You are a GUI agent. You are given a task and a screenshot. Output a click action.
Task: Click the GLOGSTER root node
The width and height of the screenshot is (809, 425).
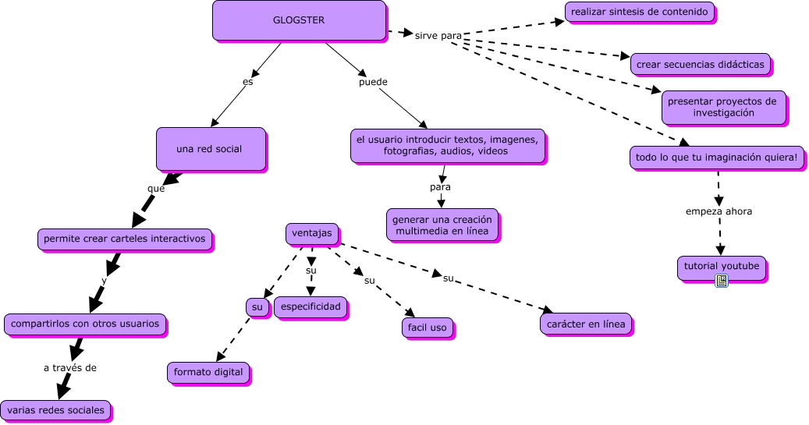point(299,20)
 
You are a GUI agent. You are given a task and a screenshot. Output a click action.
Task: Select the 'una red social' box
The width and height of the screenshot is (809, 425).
point(210,148)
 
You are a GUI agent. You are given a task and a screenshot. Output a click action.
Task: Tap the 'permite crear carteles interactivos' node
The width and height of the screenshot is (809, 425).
point(125,239)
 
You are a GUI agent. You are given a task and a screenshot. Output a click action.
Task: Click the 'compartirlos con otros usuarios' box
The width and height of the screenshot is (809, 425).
point(85,323)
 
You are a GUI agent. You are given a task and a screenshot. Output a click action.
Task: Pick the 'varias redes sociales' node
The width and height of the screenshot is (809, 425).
point(55,409)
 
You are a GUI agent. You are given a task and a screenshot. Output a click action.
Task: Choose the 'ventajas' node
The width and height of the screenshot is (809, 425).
point(311,232)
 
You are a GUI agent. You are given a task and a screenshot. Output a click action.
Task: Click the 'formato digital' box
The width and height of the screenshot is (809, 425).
point(208,373)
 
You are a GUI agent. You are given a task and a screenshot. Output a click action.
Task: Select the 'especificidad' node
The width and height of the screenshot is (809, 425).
point(310,306)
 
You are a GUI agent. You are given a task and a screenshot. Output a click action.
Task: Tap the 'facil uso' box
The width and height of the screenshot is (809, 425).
point(428,328)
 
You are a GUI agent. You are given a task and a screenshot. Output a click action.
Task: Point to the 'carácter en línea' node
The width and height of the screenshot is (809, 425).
point(586,324)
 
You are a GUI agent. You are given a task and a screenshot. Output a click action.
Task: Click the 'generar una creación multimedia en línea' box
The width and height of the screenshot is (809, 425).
point(442,225)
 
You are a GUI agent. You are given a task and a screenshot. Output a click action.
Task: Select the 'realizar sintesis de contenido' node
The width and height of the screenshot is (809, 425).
point(640,12)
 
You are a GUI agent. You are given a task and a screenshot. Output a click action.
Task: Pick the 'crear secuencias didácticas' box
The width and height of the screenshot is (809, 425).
point(700,64)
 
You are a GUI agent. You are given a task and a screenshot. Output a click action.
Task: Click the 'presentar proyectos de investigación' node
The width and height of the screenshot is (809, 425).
point(723,107)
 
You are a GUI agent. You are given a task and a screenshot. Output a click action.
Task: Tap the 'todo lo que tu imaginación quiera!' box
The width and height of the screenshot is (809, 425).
point(716,157)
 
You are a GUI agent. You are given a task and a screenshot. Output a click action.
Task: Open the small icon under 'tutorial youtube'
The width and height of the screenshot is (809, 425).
point(721,281)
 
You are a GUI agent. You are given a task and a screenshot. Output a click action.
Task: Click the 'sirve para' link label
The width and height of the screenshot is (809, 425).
point(438,36)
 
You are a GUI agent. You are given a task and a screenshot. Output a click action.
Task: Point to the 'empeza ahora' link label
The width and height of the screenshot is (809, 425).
point(719,211)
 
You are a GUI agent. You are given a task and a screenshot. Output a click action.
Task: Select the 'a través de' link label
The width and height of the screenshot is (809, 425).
point(69,367)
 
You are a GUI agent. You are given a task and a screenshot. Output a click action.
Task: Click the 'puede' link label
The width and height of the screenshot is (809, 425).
point(373,82)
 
